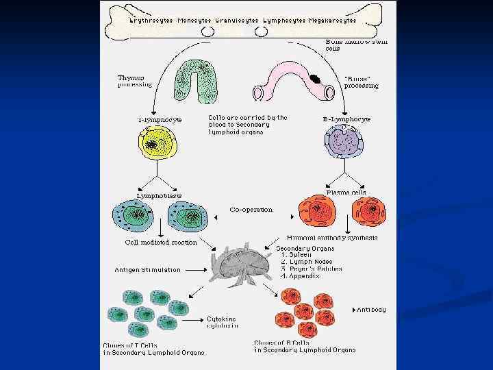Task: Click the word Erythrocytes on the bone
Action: point(151,21)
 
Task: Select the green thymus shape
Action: point(197,82)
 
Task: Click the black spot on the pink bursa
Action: point(316,79)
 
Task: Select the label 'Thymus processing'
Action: point(134,81)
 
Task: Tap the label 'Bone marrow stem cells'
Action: point(355,45)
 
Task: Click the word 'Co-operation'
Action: point(251,210)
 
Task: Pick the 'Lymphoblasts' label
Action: point(159,196)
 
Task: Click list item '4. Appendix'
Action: point(301,277)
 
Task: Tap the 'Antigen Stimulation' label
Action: point(147,270)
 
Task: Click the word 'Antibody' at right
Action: point(371,310)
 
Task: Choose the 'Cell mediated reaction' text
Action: point(161,242)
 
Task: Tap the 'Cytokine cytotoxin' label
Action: point(223,323)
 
